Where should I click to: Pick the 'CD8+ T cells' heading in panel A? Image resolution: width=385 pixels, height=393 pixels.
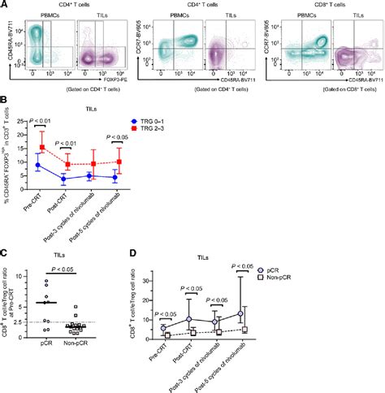point(321,6)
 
